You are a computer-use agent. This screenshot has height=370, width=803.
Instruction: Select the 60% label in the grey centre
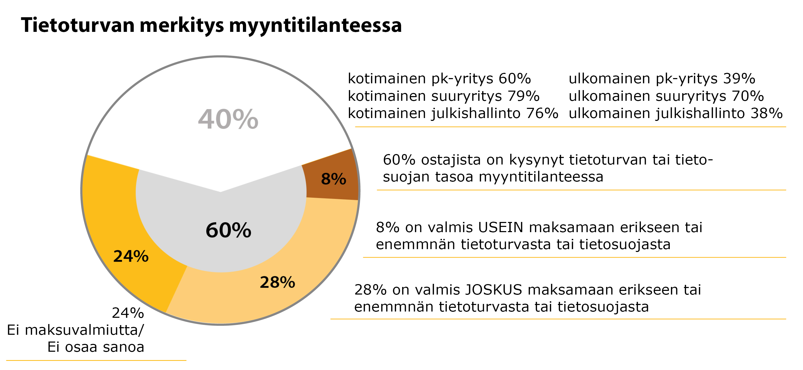[x=229, y=230]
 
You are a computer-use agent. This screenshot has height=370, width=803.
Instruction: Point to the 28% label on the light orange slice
[x=277, y=282]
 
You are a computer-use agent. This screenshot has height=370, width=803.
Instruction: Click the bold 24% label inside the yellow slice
[x=131, y=256]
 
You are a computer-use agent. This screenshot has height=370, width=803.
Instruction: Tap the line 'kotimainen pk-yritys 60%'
[x=439, y=78]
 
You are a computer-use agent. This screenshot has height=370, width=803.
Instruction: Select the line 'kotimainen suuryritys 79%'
[x=443, y=96]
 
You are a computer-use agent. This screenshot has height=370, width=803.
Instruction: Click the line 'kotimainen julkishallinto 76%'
[x=453, y=113]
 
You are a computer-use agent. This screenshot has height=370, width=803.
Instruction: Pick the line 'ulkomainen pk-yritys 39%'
[x=662, y=78]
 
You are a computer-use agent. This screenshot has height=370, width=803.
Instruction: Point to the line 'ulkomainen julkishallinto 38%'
[x=675, y=113]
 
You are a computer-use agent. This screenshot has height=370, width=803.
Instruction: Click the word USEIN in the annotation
[x=500, y=227]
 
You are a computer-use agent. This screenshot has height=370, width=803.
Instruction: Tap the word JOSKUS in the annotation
[x=493, y=290]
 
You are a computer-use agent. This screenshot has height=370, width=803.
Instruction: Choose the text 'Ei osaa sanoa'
[x=96, y=347]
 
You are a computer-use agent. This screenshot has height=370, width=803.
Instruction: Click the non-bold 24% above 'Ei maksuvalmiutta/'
[x=128, y=313]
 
